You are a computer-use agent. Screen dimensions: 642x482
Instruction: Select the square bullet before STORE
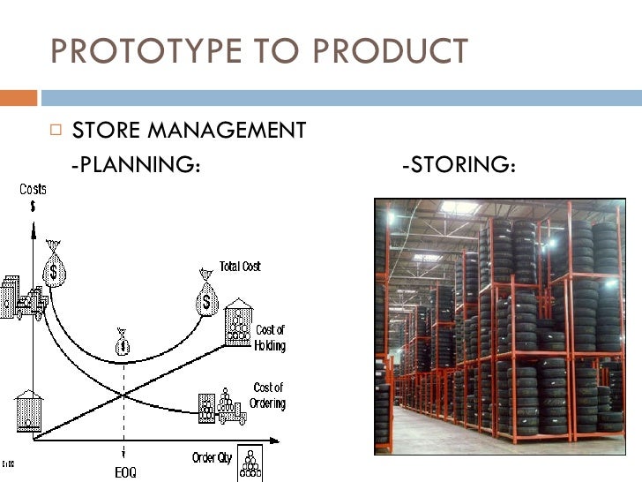click(56, 131)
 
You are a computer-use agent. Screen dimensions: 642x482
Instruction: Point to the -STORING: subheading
click(458, 164)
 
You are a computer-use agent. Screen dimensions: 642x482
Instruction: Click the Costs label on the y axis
click(34, 190)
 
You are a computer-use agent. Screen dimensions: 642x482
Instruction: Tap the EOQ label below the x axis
click(125, 472)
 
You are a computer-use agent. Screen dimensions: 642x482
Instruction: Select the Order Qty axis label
click(212, 457)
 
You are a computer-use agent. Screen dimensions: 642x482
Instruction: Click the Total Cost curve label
click(240, 267)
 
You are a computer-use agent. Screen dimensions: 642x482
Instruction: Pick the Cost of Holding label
click(270, 338)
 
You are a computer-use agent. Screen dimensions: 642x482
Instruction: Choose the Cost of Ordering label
click(267, 395)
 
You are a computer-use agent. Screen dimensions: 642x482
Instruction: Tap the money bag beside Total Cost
click(206, 297)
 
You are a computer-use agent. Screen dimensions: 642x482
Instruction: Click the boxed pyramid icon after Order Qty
click(252, 460)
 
